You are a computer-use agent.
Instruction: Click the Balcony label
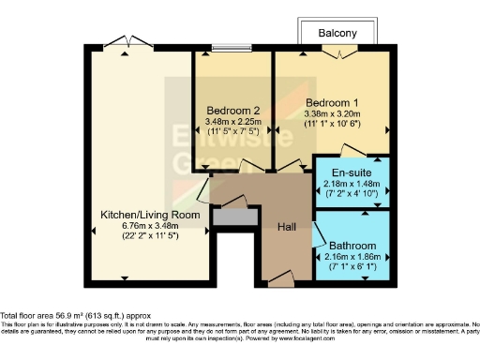[x=337, y=33]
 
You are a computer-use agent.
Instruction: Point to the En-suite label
[x=352, y=172]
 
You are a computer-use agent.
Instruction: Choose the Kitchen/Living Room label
[x=150, y=215]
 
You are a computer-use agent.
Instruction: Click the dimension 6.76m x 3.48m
[x=150, y=226]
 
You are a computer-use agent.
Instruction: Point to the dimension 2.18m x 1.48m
[x=352, y=184]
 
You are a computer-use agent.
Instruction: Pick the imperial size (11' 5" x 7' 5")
[x=232, y=132]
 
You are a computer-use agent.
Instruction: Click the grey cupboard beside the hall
[x=234, y=217]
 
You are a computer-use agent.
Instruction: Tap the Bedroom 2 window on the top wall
[x=233, y=48]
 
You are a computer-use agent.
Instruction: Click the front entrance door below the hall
[x=280, y=278]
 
